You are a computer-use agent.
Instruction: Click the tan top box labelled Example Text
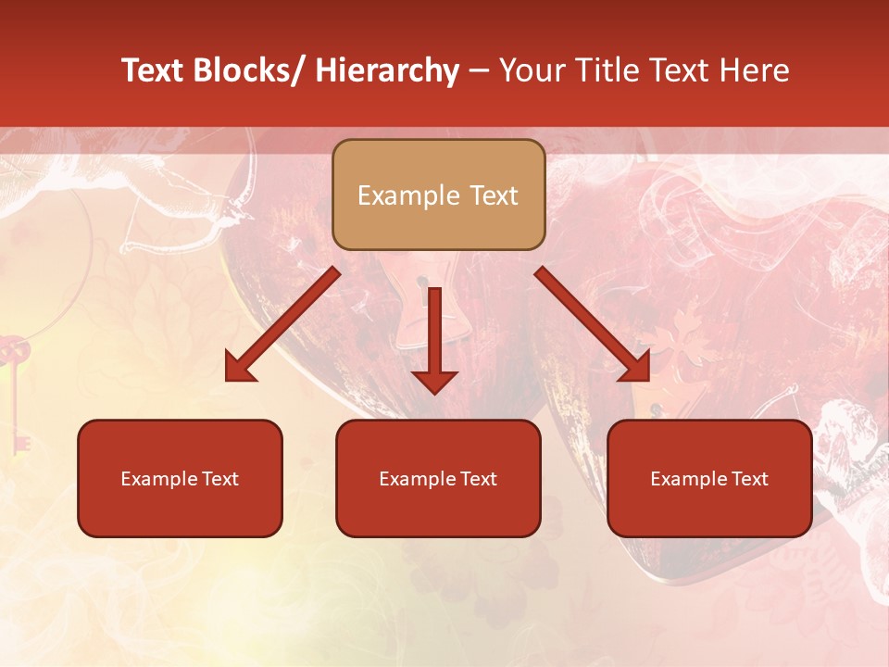tap(438, 195)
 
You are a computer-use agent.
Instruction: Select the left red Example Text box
tap(180, 478)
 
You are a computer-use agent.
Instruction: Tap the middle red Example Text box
tap(438, 478)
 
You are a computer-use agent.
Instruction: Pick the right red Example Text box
tap(709, 478)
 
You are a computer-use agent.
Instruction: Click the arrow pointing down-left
tap(282, 324)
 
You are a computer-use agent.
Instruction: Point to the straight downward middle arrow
tap(434, 339)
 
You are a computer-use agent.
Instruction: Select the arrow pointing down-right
tap(593, 324)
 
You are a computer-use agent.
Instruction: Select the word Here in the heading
tap(755, 70)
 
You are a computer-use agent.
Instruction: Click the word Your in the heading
tap(531, 70)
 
